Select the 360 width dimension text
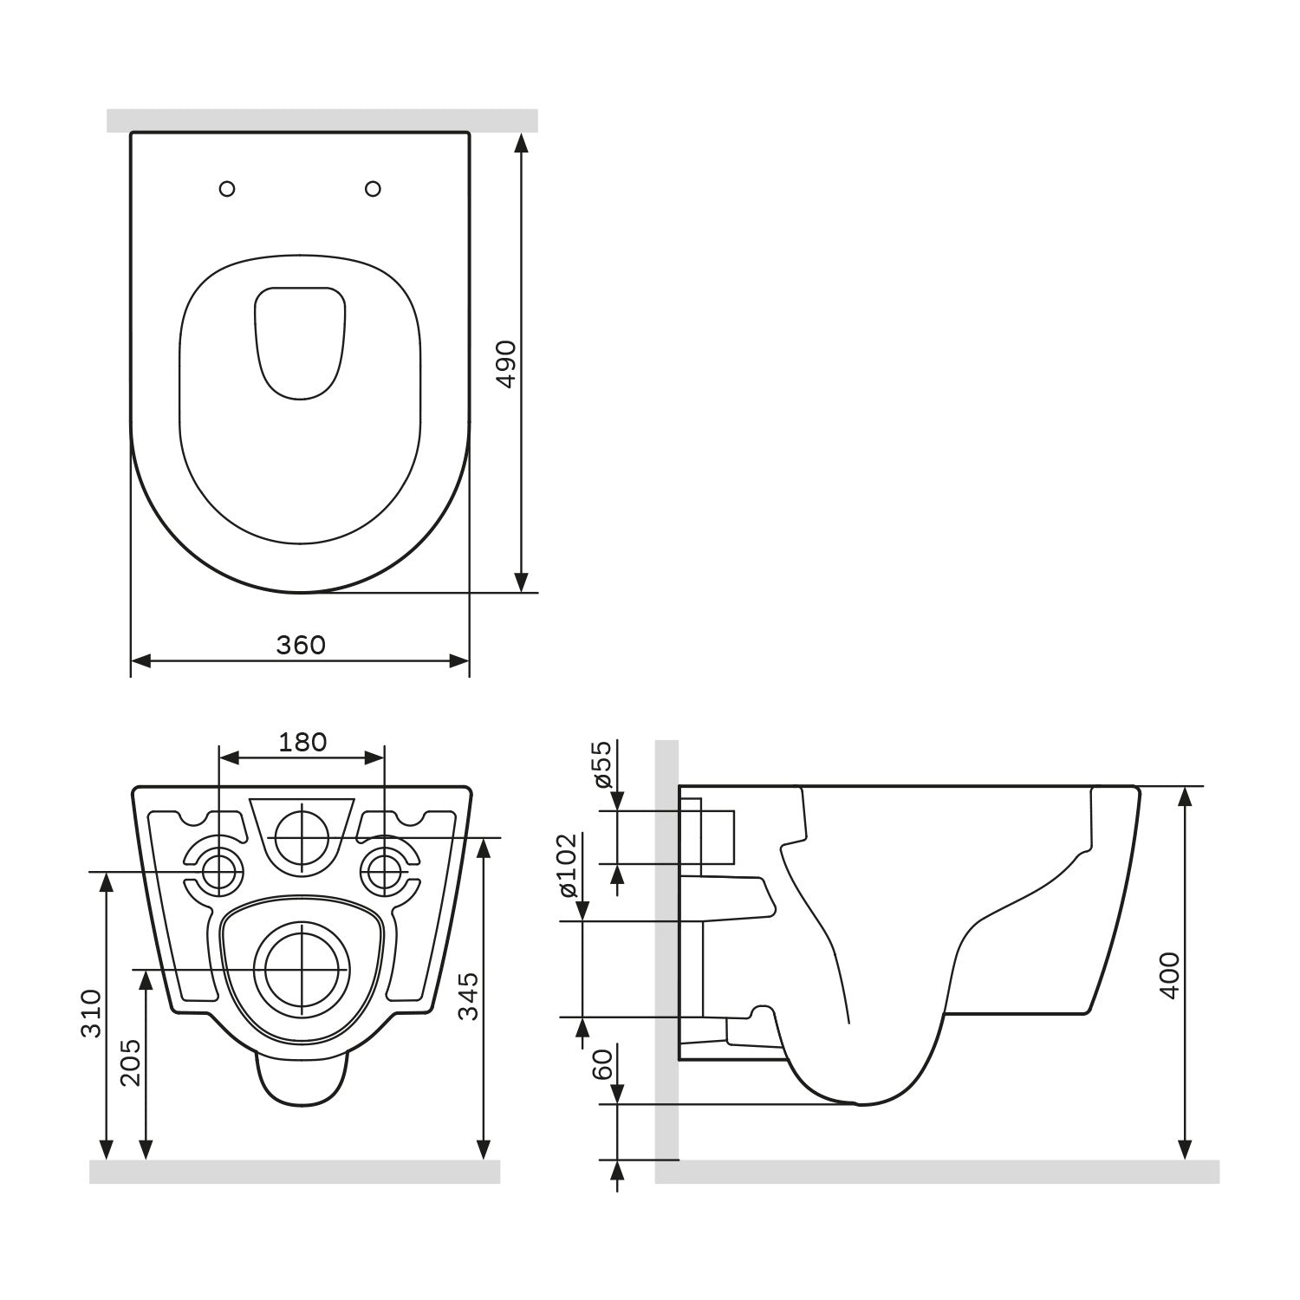pyautogui.click(x=301, y=645)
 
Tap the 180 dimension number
pyautogui.click(x=302, y=742)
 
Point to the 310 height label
pyautogui.click(x=94, y=1012)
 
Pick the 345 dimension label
pyautogui.click(x=468, y=996)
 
